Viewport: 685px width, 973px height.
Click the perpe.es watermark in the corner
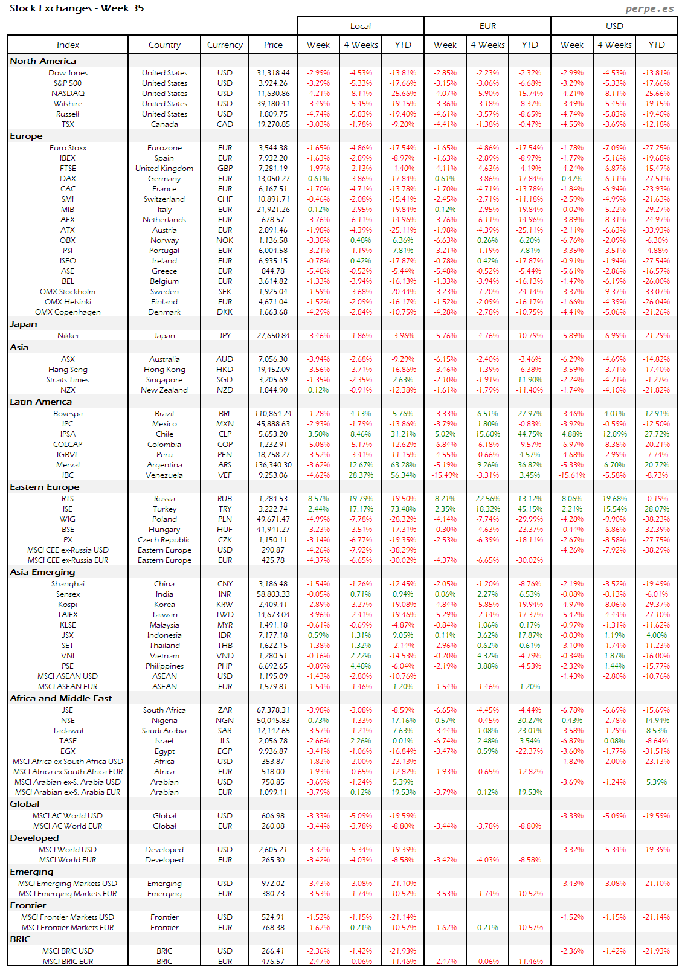click(x=649, y=8)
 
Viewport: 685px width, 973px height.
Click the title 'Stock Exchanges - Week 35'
click(x=77, y=8)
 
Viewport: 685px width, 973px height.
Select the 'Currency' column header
click(x=225, y=45)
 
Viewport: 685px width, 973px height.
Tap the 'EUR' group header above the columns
click(x=487, y=26)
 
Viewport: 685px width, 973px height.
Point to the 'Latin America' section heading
click(x=40, y=402)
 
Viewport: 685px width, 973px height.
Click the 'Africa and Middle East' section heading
click(x=61, y=698)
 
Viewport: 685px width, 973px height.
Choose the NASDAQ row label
click(x=68, y=94)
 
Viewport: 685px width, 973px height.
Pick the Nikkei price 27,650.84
click(x=273, y=336)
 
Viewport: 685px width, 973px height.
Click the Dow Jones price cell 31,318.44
click(x=273, y=73)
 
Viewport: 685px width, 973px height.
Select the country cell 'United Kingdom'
click(x=164, y=169)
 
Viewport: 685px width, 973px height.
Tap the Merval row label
click(x=68, y=465)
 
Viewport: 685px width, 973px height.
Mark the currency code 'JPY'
click(x=225, y=336)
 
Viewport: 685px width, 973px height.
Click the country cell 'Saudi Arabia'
click(x=164, y=731)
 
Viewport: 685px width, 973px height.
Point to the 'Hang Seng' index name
click(x=68, y=370)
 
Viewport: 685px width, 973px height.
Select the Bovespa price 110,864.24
click(x=273, y=414)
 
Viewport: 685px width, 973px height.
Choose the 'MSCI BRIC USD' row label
click(x=68, y=951)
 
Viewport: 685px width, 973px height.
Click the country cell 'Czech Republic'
click(x=164, y=540)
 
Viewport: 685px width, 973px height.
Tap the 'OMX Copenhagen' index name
click(x=68, y=312)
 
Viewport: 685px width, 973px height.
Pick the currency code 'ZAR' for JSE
click(x=225, y=710)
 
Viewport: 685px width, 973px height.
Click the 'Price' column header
click(x=273, y=45)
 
